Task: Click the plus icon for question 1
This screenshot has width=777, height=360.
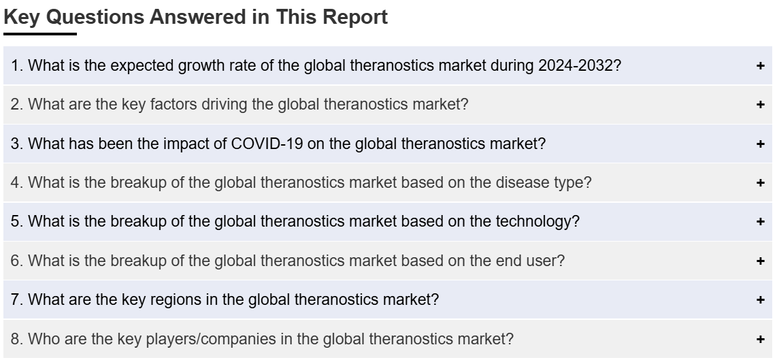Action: click(x=761, y=65)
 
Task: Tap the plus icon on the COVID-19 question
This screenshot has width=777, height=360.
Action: click(x=761, y=144)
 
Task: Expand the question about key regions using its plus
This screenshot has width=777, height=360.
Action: click(x=761, y=299)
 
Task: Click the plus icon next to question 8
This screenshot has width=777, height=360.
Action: click(x=761, y=339)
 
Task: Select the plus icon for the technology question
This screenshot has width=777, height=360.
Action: click(x=761, y=222)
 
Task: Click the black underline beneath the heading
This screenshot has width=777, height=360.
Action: click(x=40, y=34)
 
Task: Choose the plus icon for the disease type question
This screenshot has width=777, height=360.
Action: click(x=761, y=183)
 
